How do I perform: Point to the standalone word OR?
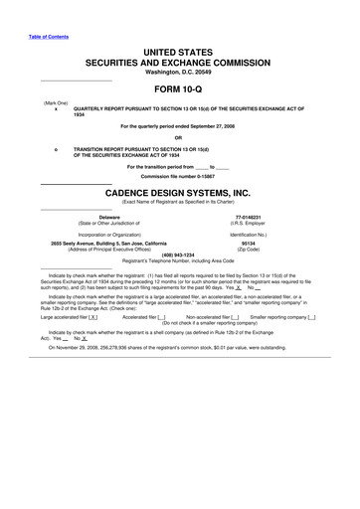pyautogui.click(x=179, y=138)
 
